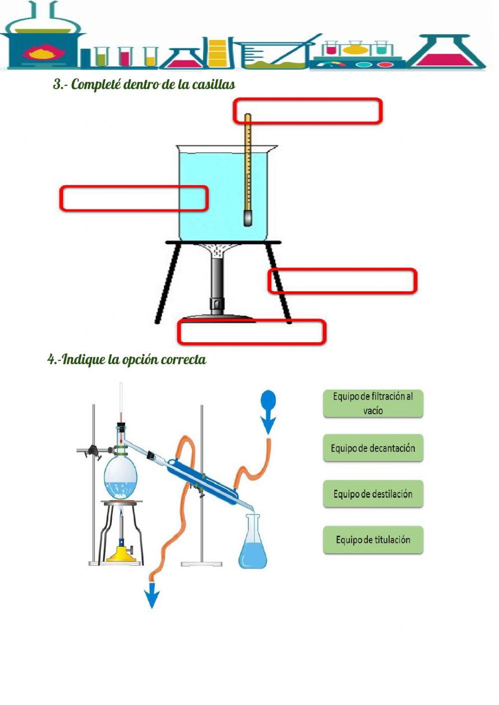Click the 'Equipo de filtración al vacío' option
373,403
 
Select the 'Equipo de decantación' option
373,448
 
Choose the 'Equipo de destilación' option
373,494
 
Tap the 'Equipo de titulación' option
373,540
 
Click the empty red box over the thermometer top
307,111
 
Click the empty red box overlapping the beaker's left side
134,198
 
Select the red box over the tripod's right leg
342,281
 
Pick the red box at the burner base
251,332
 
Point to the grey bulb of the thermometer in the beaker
248,218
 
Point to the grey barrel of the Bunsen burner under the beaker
217,284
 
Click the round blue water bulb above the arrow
268,399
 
